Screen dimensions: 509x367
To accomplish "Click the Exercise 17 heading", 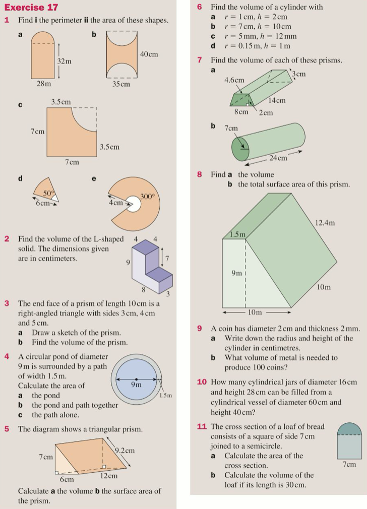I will pyautogui.click(x=31, y=7).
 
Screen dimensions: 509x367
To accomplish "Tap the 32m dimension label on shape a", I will pyautogui.click(x=64, y=61).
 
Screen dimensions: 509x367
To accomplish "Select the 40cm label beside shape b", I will pyautogui.click(x=149, y=54).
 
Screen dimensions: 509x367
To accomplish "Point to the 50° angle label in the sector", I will pyautogui.click(x=48, y=194).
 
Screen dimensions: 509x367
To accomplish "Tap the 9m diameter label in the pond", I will pyautogui.click(x=136, y=385).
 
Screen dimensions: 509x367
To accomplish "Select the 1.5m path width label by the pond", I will pyautogui.click(x=166, y=396).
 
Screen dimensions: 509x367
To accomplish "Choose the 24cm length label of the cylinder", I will pyautogui.click(x=278, y=158).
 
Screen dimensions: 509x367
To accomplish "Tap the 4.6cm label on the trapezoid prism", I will pyautogui.click(x=234, y=80).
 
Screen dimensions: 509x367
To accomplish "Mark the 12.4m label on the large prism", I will pyautogui.click(x=325, y=222).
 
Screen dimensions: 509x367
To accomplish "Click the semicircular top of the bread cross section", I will pyautogui.click(x=349, y=429).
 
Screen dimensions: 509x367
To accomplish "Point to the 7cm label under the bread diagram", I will pyautogui.click(x=349, y=464).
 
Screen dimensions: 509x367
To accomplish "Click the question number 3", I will pyautogui.click(x=7, y=303).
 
